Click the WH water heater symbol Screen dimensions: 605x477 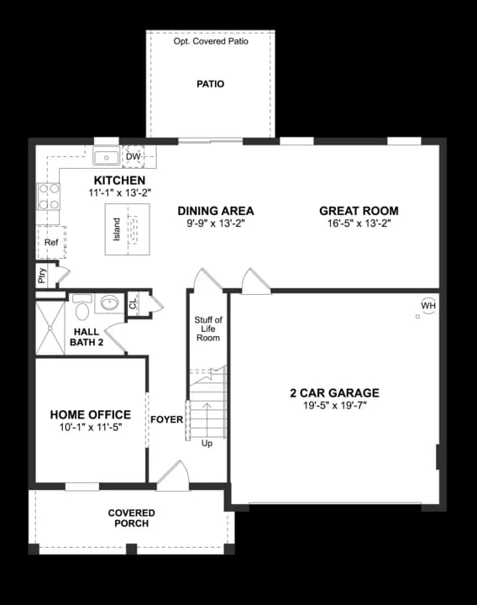coord(427,305)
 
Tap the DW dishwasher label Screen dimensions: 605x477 coord(133,156)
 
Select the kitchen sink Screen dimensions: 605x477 coord(107,157)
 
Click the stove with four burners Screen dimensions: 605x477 coord(49,197)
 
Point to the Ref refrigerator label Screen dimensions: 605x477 coord(51,242)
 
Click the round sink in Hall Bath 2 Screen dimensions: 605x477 coord(109,302)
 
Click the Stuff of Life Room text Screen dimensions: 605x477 coord(207,329)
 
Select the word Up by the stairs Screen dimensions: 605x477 coord(207,443)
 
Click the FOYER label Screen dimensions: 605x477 coord(166,418)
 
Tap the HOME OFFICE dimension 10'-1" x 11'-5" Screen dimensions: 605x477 coord(90,429)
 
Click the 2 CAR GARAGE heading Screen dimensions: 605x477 coord(333,392)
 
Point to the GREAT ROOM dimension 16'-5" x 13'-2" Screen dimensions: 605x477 coord(359,224)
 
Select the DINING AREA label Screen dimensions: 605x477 coord(216,211)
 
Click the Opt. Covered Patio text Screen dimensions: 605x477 coord(211,40)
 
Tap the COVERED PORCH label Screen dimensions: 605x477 coord(131,518)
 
